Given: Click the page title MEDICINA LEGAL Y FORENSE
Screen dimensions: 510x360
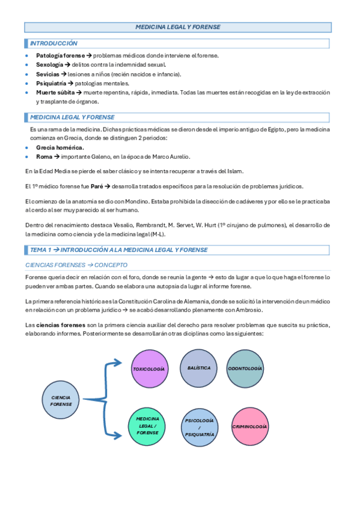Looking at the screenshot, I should (x=178, y=27).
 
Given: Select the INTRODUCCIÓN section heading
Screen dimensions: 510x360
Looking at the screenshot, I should (x=54, y=44).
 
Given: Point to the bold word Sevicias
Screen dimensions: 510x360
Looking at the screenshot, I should (x=47, y=74).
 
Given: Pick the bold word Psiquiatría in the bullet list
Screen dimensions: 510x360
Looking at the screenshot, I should (x=51, y=83).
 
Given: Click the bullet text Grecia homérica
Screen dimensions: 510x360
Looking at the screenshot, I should (x=60, y=147).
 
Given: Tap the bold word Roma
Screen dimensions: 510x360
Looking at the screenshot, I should (x=44, y=156).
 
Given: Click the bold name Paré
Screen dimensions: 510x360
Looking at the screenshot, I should (x=96, y=186).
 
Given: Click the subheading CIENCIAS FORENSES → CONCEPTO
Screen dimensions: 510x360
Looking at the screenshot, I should (x=76, y=265).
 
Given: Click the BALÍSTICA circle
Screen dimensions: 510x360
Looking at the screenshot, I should (x=199, y=367).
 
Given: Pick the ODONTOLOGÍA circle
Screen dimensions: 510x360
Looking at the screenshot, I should (x=246, y=368).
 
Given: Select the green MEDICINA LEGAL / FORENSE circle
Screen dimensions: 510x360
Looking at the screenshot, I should (x=147, y=425).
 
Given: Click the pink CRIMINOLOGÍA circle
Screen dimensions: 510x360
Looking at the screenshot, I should (x=249, y=426).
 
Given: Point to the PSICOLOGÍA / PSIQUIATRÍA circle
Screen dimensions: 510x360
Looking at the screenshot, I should (x=199, y=427).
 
